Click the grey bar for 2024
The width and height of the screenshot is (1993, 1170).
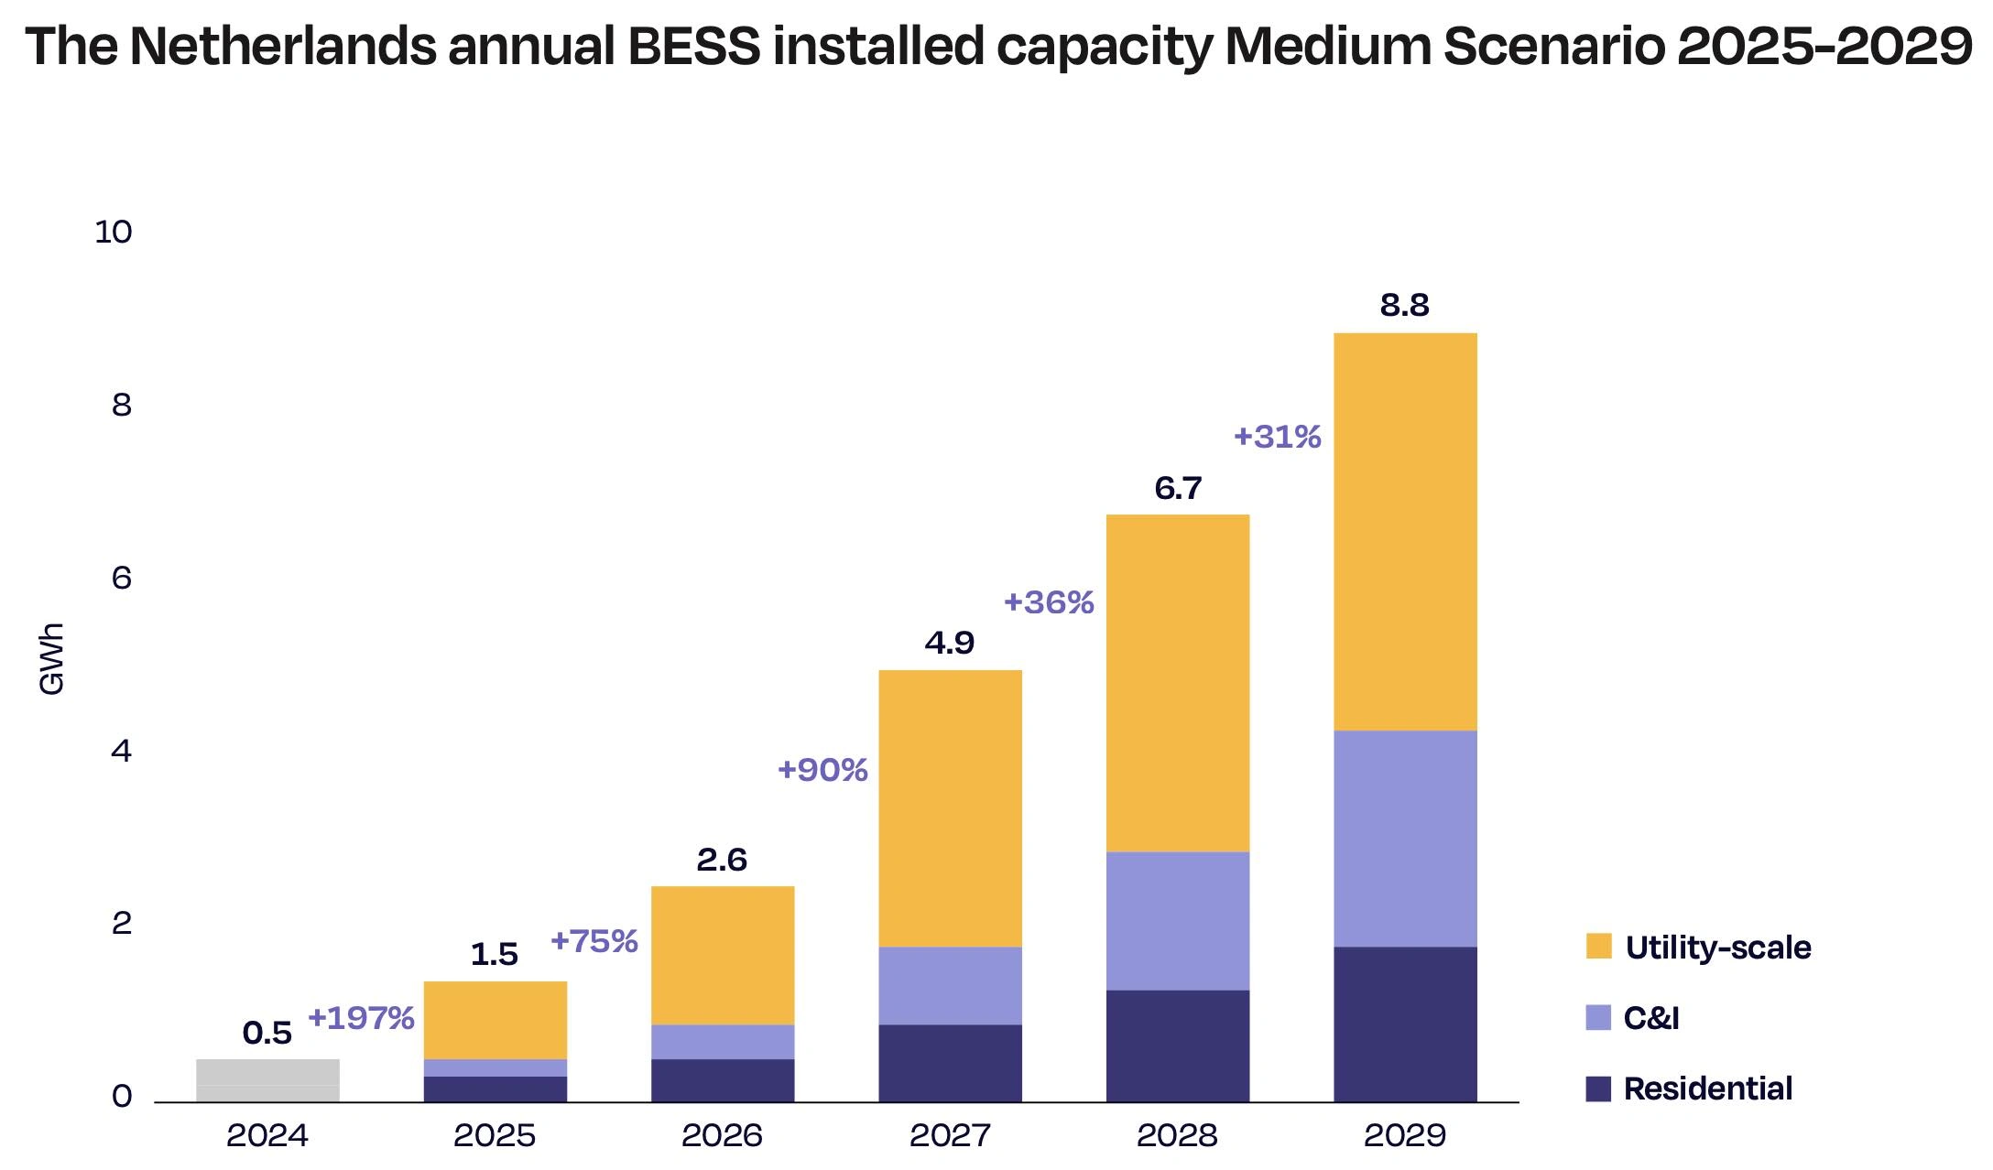[267, 1080]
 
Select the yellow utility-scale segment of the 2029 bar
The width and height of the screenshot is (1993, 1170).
[1405, 531]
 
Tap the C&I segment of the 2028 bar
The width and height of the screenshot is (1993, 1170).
[1177, 920]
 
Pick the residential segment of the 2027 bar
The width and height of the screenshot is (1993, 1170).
[950, 1062]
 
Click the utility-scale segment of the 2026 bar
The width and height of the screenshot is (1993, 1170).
[722, 955]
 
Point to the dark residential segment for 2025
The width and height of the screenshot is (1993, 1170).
[495, 1089]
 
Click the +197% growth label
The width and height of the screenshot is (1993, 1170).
[361, 1017]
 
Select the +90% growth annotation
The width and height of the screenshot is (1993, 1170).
[822, 769]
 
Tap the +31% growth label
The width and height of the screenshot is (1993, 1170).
[1277, 437]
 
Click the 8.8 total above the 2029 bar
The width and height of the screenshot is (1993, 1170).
[1404, 305]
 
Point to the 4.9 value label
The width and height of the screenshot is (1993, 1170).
[949, 643]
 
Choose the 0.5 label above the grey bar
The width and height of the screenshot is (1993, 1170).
[267, 1033]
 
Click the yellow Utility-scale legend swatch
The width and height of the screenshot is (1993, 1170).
[1598, 946]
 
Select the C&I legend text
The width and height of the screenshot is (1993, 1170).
[1650, 1017]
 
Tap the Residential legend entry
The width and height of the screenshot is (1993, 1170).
[1707, 1089]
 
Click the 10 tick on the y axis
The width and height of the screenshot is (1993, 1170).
[114, 233]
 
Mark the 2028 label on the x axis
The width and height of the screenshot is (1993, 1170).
[1177, 1135]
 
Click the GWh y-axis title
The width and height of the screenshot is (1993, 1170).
[52, 659]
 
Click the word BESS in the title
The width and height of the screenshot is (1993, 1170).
[693, 46]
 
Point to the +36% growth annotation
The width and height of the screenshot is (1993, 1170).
[1049, 602]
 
